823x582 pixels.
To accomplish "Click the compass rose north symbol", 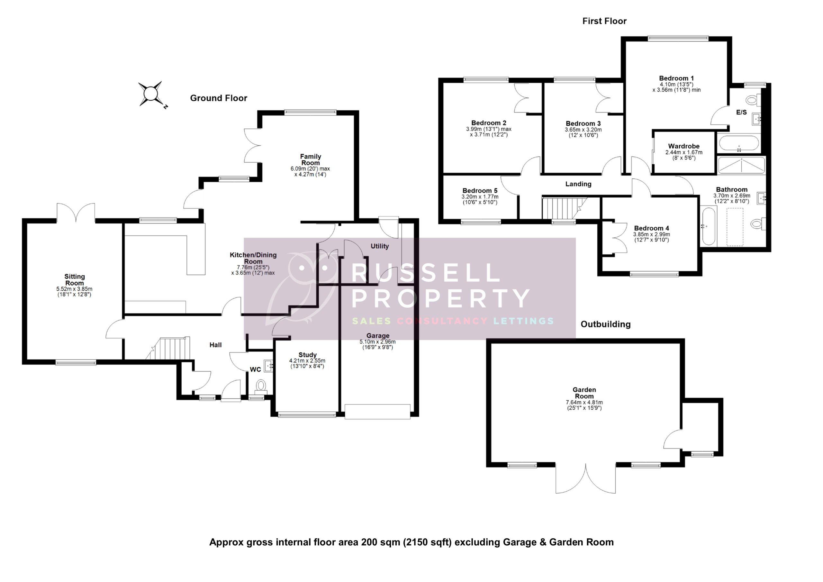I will pyautogui.click(x=150, y=94).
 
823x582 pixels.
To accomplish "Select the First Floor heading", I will pyautogui.click(x=604, y=21).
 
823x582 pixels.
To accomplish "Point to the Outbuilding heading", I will pyautogui.click(x=605, y=324).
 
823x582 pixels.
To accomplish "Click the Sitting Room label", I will pyautogui.click(x=75, y=280).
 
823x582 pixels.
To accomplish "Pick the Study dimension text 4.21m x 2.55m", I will pyautogui.click(x=307, y=361).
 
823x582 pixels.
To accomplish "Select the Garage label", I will pyautogui.click(x=378, y=336).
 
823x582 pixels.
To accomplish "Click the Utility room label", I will pyautogui.click(x=380, y=246).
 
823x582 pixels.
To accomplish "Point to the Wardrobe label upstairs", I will pyautogui.click(x=683, y=146).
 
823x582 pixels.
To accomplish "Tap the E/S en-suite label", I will pyautogui.click(x=741, y=112).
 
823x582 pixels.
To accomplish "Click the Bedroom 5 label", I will pyautogui.click(x=480, y=191).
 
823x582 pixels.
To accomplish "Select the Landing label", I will pyautogui.click(x=578, y=184).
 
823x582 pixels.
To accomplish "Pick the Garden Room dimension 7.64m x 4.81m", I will pyautogui.click(x=584, y=402).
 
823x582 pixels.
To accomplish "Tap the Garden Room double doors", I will pyautogui.click(x=586, y=478).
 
